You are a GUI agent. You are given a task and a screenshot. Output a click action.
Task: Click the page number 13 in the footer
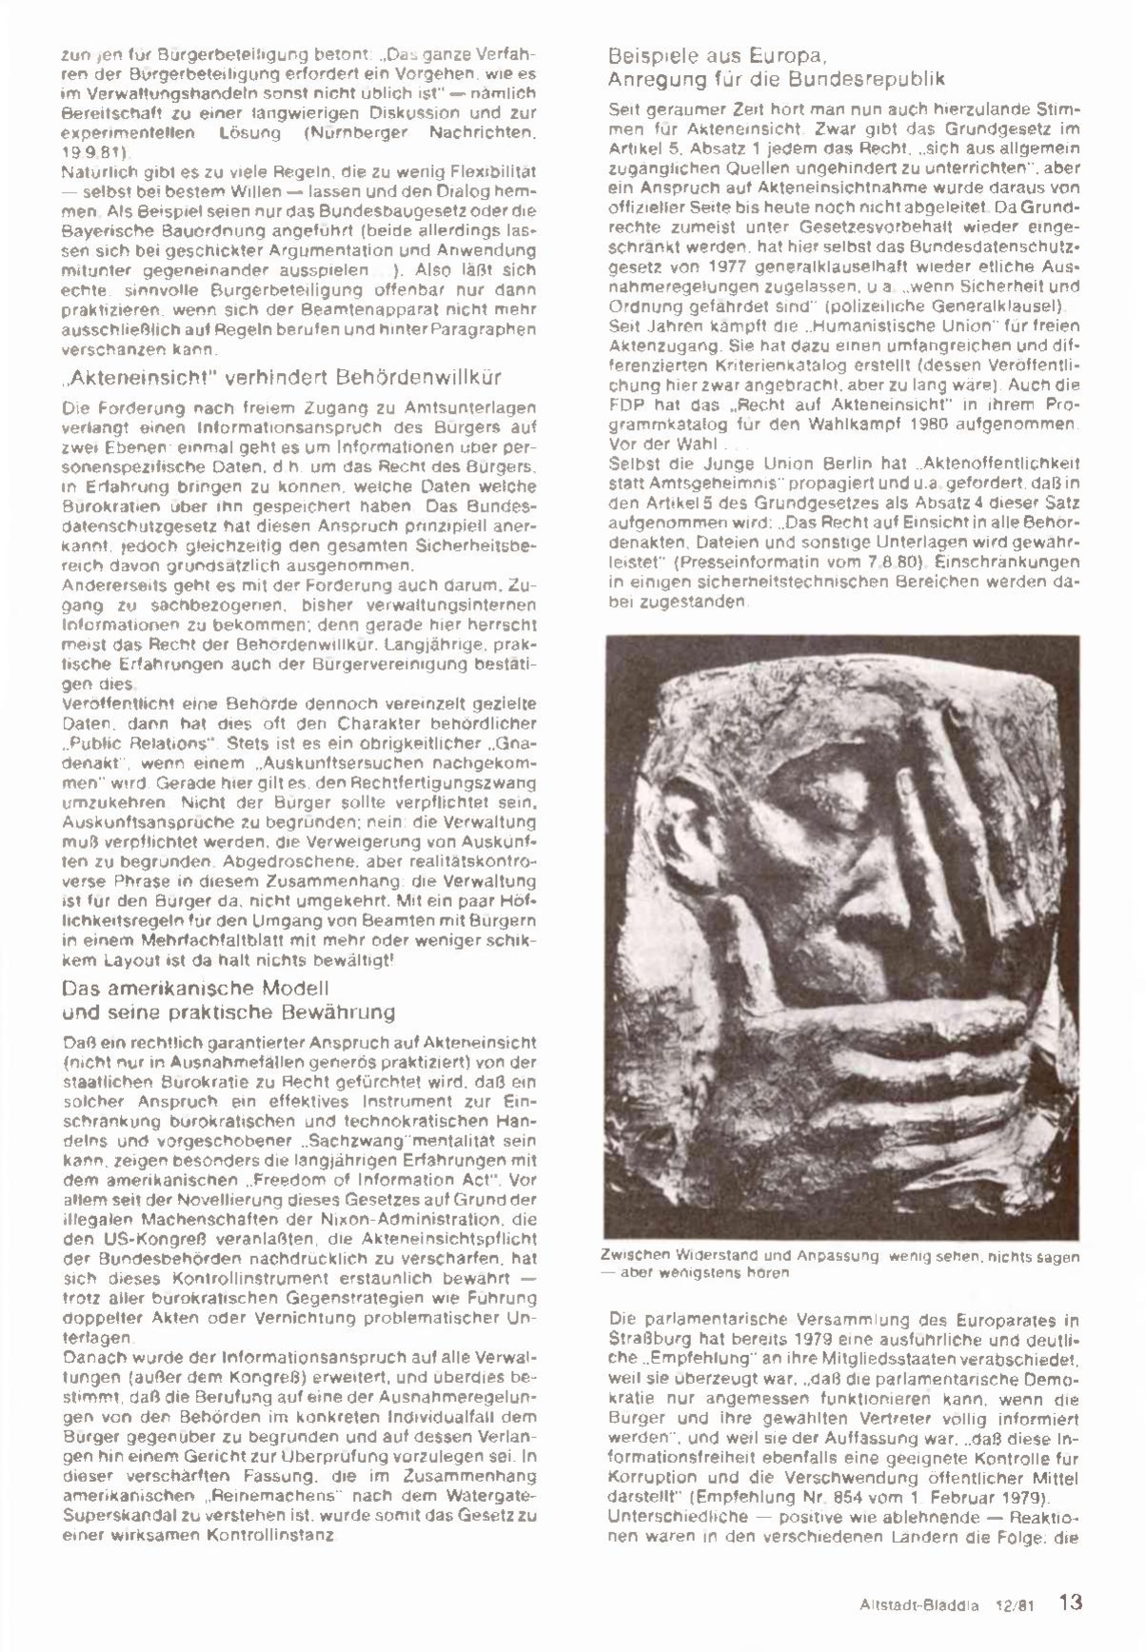(x=1071, y=1602)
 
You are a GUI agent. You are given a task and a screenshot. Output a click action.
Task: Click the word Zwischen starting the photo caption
(x=634, y=1256)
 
